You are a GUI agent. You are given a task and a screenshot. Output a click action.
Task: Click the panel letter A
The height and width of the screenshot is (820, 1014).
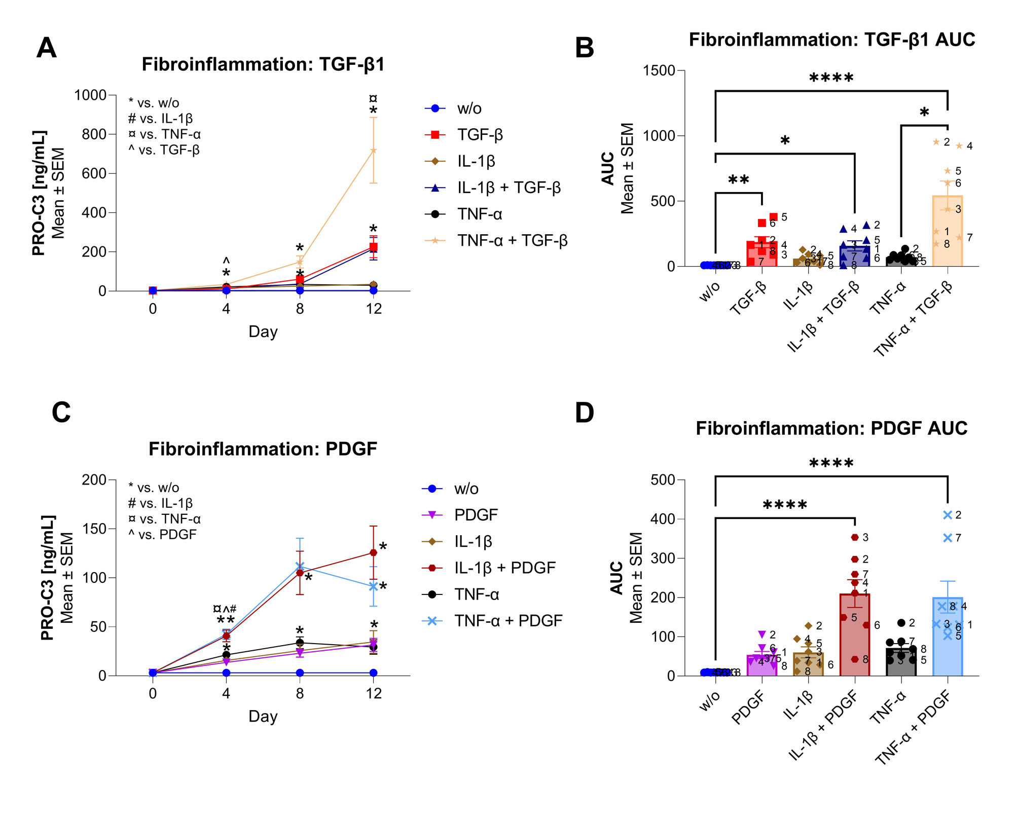[47, 48]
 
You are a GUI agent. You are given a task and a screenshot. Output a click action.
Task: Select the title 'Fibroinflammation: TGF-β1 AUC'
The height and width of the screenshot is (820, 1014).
[831, 40]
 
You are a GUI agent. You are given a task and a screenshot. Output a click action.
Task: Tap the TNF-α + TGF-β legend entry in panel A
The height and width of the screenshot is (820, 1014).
[512, 240]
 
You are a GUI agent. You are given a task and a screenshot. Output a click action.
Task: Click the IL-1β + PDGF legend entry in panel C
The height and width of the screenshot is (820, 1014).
[504, 568]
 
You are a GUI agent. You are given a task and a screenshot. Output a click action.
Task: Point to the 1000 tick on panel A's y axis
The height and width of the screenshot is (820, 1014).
[90, 95]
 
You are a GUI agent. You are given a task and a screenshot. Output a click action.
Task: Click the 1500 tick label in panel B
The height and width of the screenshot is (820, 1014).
[659, 70]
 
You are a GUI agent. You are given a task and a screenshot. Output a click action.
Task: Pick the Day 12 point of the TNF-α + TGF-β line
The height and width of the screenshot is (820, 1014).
[374, 151]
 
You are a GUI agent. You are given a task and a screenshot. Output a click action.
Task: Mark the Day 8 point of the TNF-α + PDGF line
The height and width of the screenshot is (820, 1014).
[300, 566]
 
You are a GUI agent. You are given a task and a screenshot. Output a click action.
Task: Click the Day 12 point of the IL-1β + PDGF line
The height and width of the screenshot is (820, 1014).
[374, 552]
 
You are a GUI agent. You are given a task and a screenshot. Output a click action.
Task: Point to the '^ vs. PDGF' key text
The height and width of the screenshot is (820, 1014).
[162, 535]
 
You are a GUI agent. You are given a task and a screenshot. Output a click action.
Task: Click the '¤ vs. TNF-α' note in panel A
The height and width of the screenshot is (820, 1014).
[164, 134]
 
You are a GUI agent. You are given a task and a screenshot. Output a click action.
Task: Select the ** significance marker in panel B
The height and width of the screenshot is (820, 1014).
[738, 180]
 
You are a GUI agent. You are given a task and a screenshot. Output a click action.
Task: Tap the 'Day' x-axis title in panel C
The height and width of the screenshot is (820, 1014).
[263, 716]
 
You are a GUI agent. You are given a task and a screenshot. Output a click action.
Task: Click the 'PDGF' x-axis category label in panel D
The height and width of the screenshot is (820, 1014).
[748, 709]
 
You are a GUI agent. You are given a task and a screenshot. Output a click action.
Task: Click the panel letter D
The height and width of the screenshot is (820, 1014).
[584, 413]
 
